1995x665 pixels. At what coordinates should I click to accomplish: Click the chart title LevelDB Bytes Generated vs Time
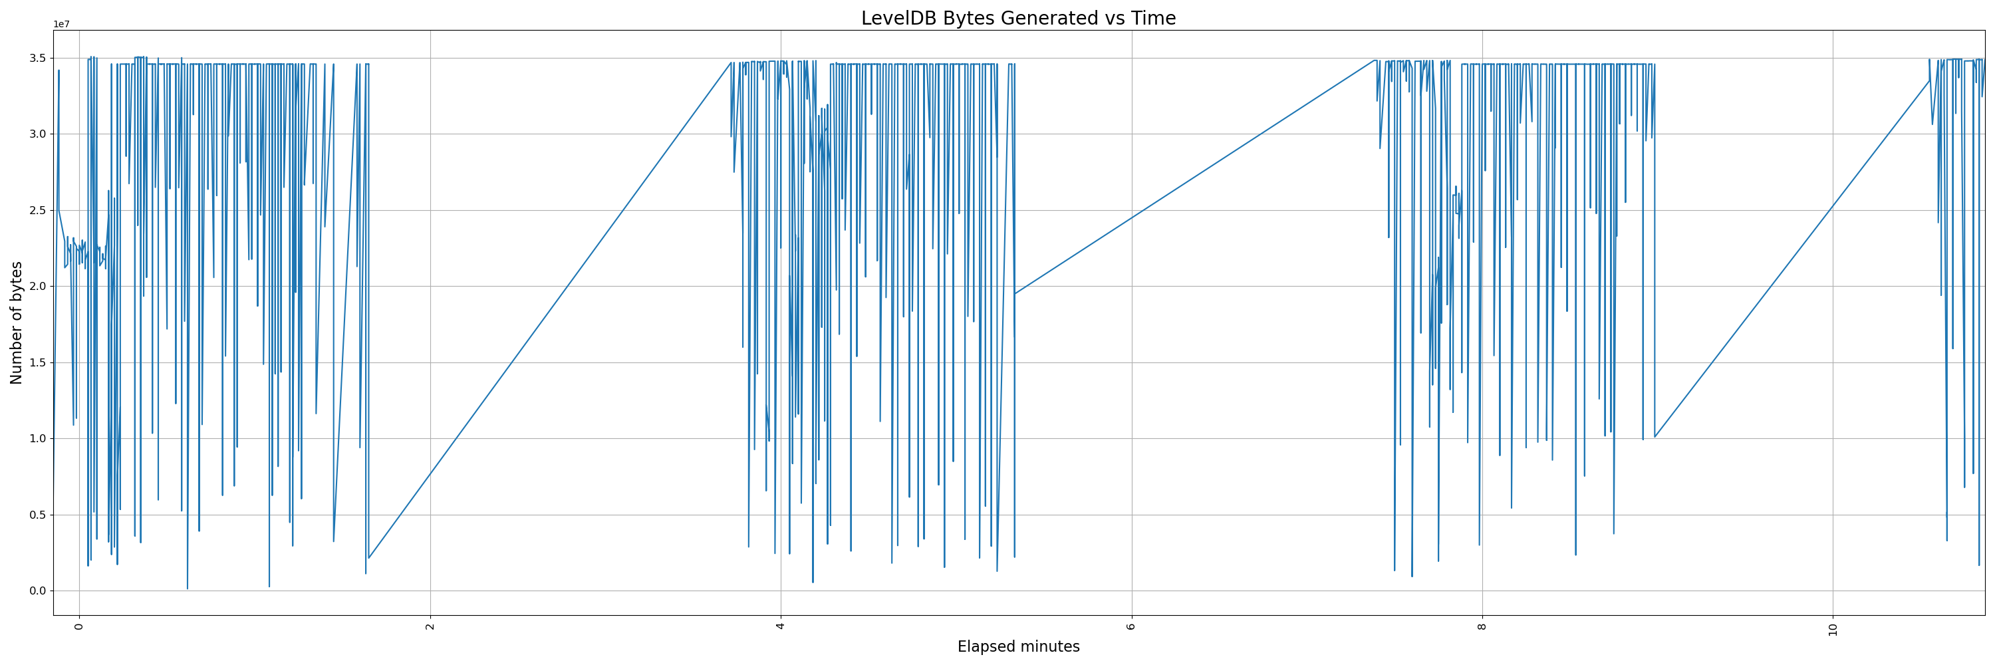click(1017, 19)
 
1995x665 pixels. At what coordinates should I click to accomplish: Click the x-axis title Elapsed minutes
click(1017, 646)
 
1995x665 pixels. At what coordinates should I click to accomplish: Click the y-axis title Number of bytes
click(16, 323)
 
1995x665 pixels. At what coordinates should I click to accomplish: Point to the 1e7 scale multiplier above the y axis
click(61, 25)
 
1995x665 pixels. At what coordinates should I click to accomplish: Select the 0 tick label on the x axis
click(79, 626)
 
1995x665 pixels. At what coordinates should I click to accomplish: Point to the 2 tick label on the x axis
click(430, 626)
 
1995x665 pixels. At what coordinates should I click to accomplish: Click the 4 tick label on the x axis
click(781, 626)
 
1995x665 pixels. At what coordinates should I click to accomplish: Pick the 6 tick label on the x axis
click(1131, 626)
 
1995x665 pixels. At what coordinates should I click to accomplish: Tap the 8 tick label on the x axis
click(1482, 626)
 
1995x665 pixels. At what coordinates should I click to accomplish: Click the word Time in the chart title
click(1154, 19)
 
